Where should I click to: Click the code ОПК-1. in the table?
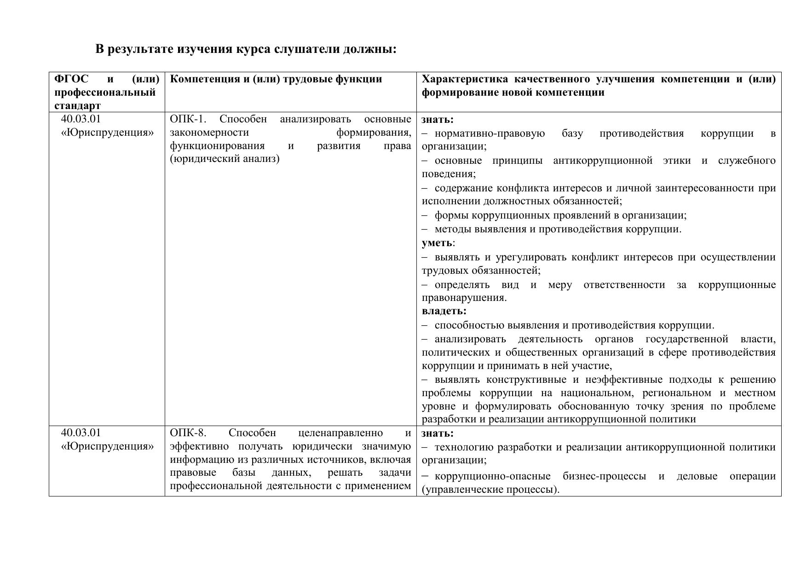188,119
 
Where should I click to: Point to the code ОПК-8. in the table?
188,433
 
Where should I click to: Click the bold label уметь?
437,242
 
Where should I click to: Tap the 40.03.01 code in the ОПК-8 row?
81,433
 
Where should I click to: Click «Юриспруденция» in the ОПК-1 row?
107,133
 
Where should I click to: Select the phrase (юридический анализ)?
225,159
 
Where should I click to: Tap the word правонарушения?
464,297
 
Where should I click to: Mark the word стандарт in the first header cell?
77,106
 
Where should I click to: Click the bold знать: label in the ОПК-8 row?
438,433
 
